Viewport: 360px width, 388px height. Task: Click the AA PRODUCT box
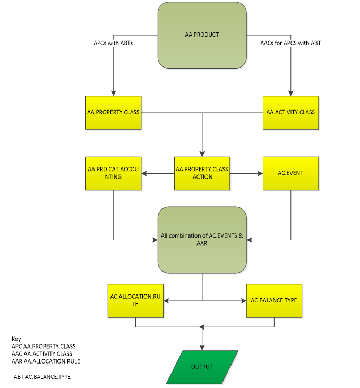pyautogui.click(x=202, y=35)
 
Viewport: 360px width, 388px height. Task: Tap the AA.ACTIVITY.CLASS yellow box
pyautogui.click(x=291, y=112)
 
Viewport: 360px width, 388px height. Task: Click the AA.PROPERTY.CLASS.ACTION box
pyautogui.click(x=202, y=173)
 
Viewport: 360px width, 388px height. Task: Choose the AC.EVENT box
pyautogui.click(x=290, y=173)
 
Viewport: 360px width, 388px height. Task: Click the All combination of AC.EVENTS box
pyautogui.click(x=202, y=239)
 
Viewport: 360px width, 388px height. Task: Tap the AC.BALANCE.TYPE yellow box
pyautogui.click(x=274, y=301)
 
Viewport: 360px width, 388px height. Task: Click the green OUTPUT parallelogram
pyautogui.click(x=202, y=367)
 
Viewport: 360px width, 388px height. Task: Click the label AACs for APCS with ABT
pyautogui.click(x=290, y=43)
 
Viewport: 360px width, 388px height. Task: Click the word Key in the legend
pyautogui.click(x=16, y=339)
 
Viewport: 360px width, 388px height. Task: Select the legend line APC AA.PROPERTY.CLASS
pyautogui.click(x=44, y=346)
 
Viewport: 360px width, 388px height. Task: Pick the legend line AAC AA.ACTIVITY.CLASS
pyautogui.click(x=42, y=353)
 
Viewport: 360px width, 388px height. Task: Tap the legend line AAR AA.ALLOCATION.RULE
pyautogui.click(x=46, y=361)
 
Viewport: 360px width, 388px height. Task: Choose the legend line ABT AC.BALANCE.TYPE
pyautogui.click(x=42, y=377)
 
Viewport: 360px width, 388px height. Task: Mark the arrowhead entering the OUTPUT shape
pyautogui.click(x=202, y=348)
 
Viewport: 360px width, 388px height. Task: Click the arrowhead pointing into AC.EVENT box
pyautogui.click(x=260, y=173)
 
